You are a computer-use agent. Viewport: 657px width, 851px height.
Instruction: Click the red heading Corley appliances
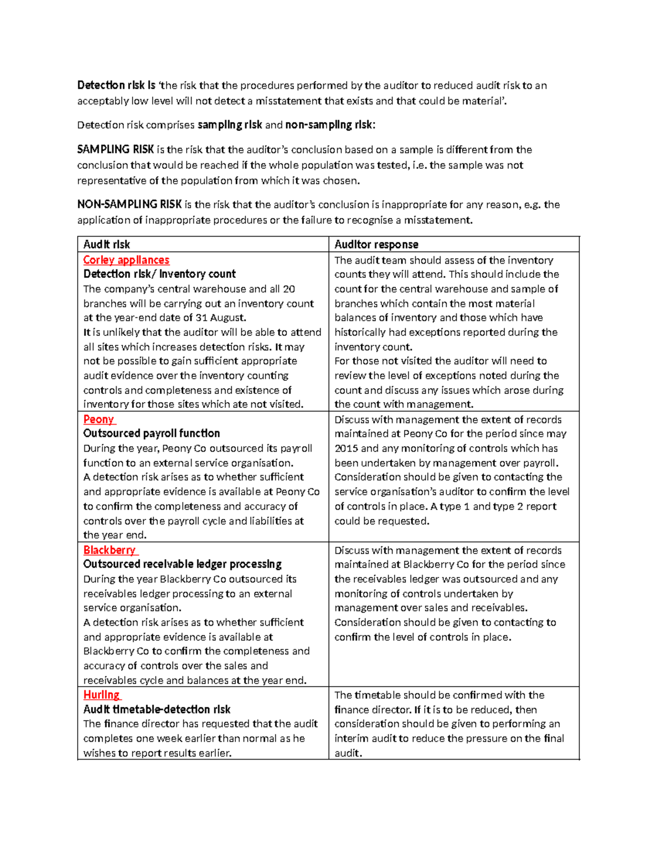pyautogui.click(x=126, y=260)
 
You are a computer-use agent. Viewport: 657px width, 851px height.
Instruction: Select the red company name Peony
pyautogui.click(x=99, y=419)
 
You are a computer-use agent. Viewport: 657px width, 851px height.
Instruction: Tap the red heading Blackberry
pyautogui.click(x=109, y=550)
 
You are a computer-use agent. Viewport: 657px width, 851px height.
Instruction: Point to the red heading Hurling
pyautogui.click(x=101, y=695)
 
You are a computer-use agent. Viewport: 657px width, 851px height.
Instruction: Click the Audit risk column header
pyautogui.click(x=106, y=244)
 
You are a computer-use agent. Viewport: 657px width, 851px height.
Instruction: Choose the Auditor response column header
pyautogui.click(x=376, y=244)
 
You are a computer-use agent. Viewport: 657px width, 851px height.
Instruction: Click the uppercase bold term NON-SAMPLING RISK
pyautogui.click(x=129, y=204)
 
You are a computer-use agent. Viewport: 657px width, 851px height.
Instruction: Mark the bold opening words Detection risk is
pyautogui.click(x=116, y=85)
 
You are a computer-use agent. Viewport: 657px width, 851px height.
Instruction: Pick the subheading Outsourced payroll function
pyautogui.click(x=152, y=433)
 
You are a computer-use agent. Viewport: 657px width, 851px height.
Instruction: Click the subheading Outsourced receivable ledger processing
pyautogui.click(x=182, y=564)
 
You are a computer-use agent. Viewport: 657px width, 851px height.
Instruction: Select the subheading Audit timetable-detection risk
pyautogui.click(x=157, y=710)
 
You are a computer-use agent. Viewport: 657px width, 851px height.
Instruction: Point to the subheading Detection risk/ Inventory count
pyautogui.click(x=159, y=274)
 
